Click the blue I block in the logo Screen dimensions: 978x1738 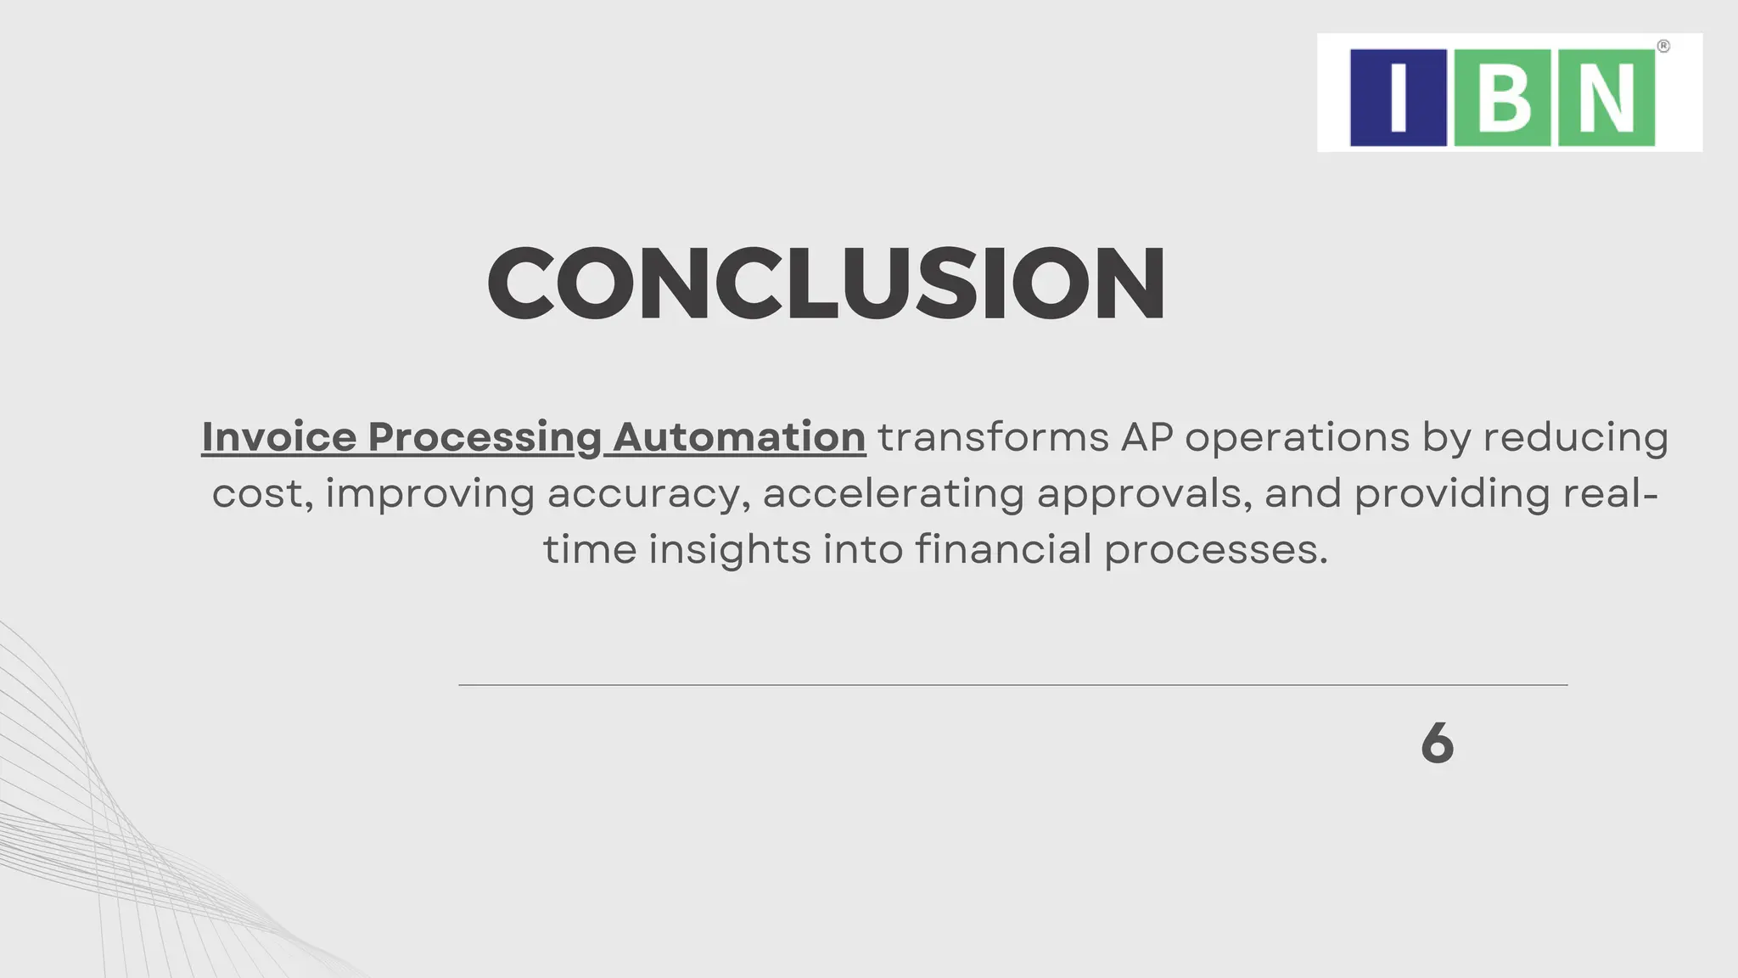tap(1398, 98)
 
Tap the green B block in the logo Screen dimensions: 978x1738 tap(1502, 98)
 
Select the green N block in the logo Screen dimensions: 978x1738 tap(1606, 98)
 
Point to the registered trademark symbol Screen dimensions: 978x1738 tap(1663, 47)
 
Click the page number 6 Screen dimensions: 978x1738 tap(1437, 743)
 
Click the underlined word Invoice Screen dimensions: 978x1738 tap(279, 437)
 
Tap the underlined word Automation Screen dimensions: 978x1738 tap(739, 437)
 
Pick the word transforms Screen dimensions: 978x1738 tap(993, 438)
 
